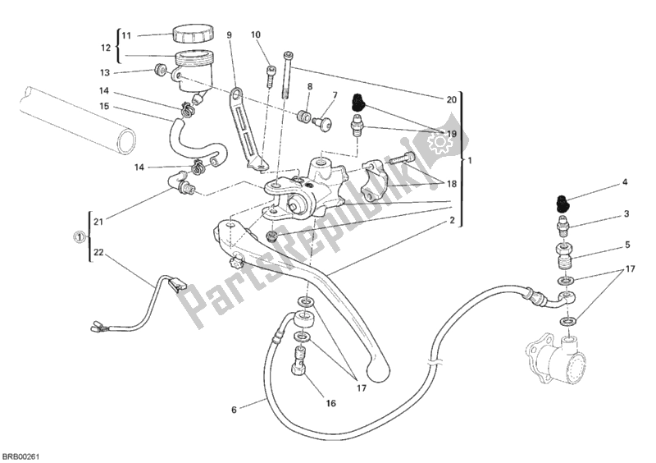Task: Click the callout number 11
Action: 125,35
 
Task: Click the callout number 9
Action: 230,34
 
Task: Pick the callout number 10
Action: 256,34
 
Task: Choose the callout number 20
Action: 451,99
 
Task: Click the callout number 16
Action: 331,403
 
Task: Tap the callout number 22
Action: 99,253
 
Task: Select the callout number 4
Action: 624,182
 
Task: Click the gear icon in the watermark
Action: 438,144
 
